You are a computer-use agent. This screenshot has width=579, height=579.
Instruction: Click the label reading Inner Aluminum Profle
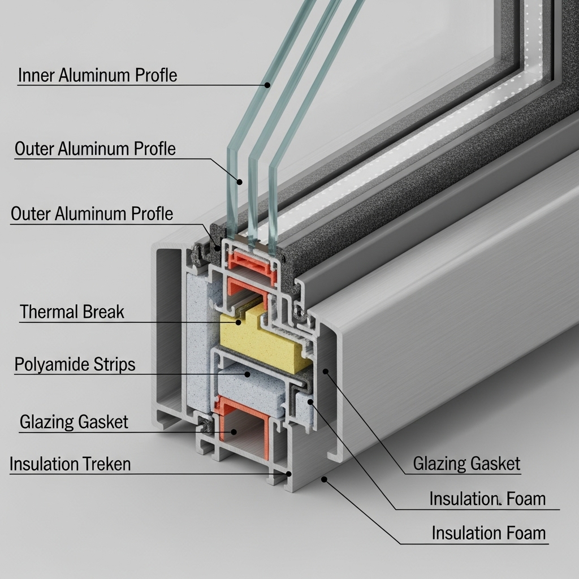click(x=97, y=75)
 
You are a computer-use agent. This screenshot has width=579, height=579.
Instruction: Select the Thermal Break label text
click(x=72, y=312)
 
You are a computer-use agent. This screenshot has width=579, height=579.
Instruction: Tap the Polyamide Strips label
click(x=75, y=364)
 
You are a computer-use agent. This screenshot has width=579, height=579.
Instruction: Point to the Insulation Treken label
click(x=70, y=464)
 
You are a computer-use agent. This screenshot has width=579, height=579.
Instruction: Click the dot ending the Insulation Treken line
click(x=289, y=474)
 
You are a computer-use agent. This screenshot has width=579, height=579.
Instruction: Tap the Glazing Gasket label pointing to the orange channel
click(x=74, y=422)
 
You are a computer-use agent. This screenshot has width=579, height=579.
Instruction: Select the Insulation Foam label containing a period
click(x=487, y=499)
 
